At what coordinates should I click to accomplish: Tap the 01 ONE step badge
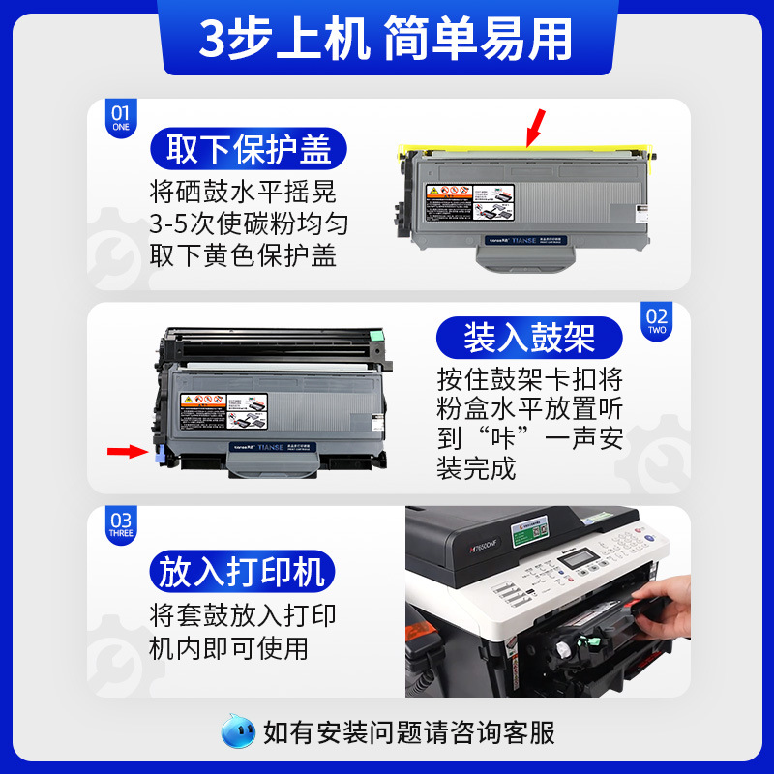point(121,117)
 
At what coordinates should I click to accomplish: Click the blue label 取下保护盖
point(249,150)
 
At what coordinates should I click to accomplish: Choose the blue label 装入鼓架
point(528,338)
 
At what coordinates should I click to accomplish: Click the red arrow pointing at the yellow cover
point(533,127)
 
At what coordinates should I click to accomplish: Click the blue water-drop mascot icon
point(239,732)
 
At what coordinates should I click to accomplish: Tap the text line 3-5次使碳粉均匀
point(249,224)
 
